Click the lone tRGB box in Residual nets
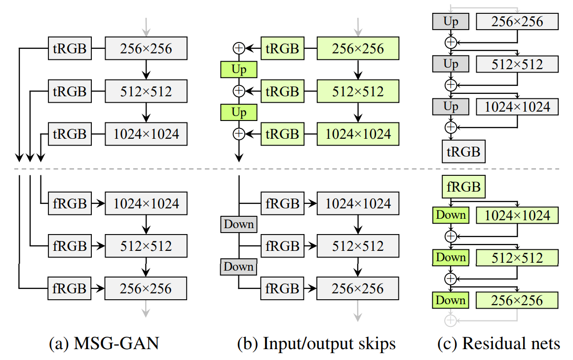(x=463, y=151)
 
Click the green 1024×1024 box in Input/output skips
(x=357, y=133)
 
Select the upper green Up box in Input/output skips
(x=239, y=70)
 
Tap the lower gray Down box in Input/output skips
(x=239, y=267)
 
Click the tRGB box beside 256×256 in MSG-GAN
(x=70, y=48)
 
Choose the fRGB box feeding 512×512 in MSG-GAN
(x=70, y=245)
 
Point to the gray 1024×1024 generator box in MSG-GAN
(x=146, y=133)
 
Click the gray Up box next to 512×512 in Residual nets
(x=451, y=64)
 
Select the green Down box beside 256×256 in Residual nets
(x=451, y=300)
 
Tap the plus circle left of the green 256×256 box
(x=239, y=48)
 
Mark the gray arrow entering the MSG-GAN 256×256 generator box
(x=146, y=25)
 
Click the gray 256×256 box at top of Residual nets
(x=517, y=21)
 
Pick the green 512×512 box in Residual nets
(x=517, y=257)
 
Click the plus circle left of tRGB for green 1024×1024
(x=239, y=133)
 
